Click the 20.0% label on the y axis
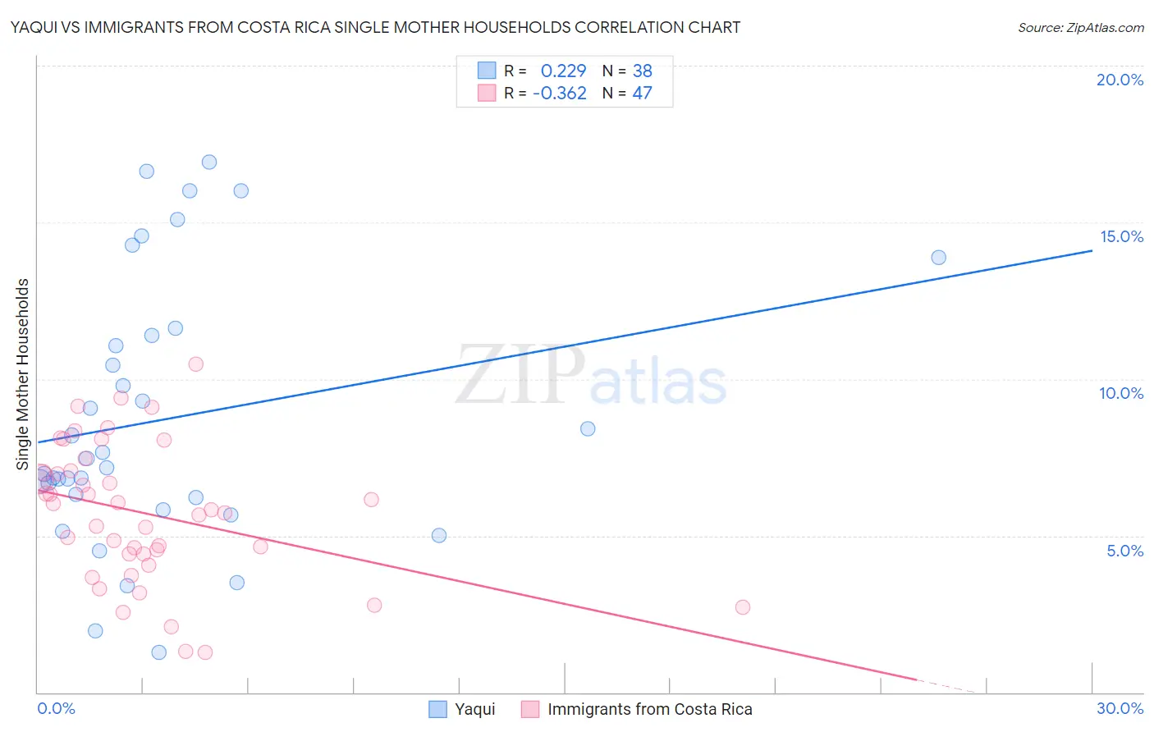(1120, 80)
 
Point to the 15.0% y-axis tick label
(1121, 236)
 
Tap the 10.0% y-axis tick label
(1121, 393)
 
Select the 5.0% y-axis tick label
(1124, 551)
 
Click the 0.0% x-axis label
(56, 708)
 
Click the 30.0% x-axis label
(1120, 708)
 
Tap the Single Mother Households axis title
(23, 374)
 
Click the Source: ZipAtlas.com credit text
(1080, 28)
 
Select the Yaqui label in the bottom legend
(474, 709)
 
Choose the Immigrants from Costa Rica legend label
(649, 709)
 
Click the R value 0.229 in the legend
(563, 71)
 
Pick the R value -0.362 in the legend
(560, 94)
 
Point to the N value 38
(642, 71)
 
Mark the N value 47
(642, 94)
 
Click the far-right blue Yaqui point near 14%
(938, 258)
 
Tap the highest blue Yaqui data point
(209, 162)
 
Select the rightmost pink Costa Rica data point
(743, 607)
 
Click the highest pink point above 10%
(195, 364)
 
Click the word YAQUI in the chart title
(33, 28)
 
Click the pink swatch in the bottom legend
(530, 709)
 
